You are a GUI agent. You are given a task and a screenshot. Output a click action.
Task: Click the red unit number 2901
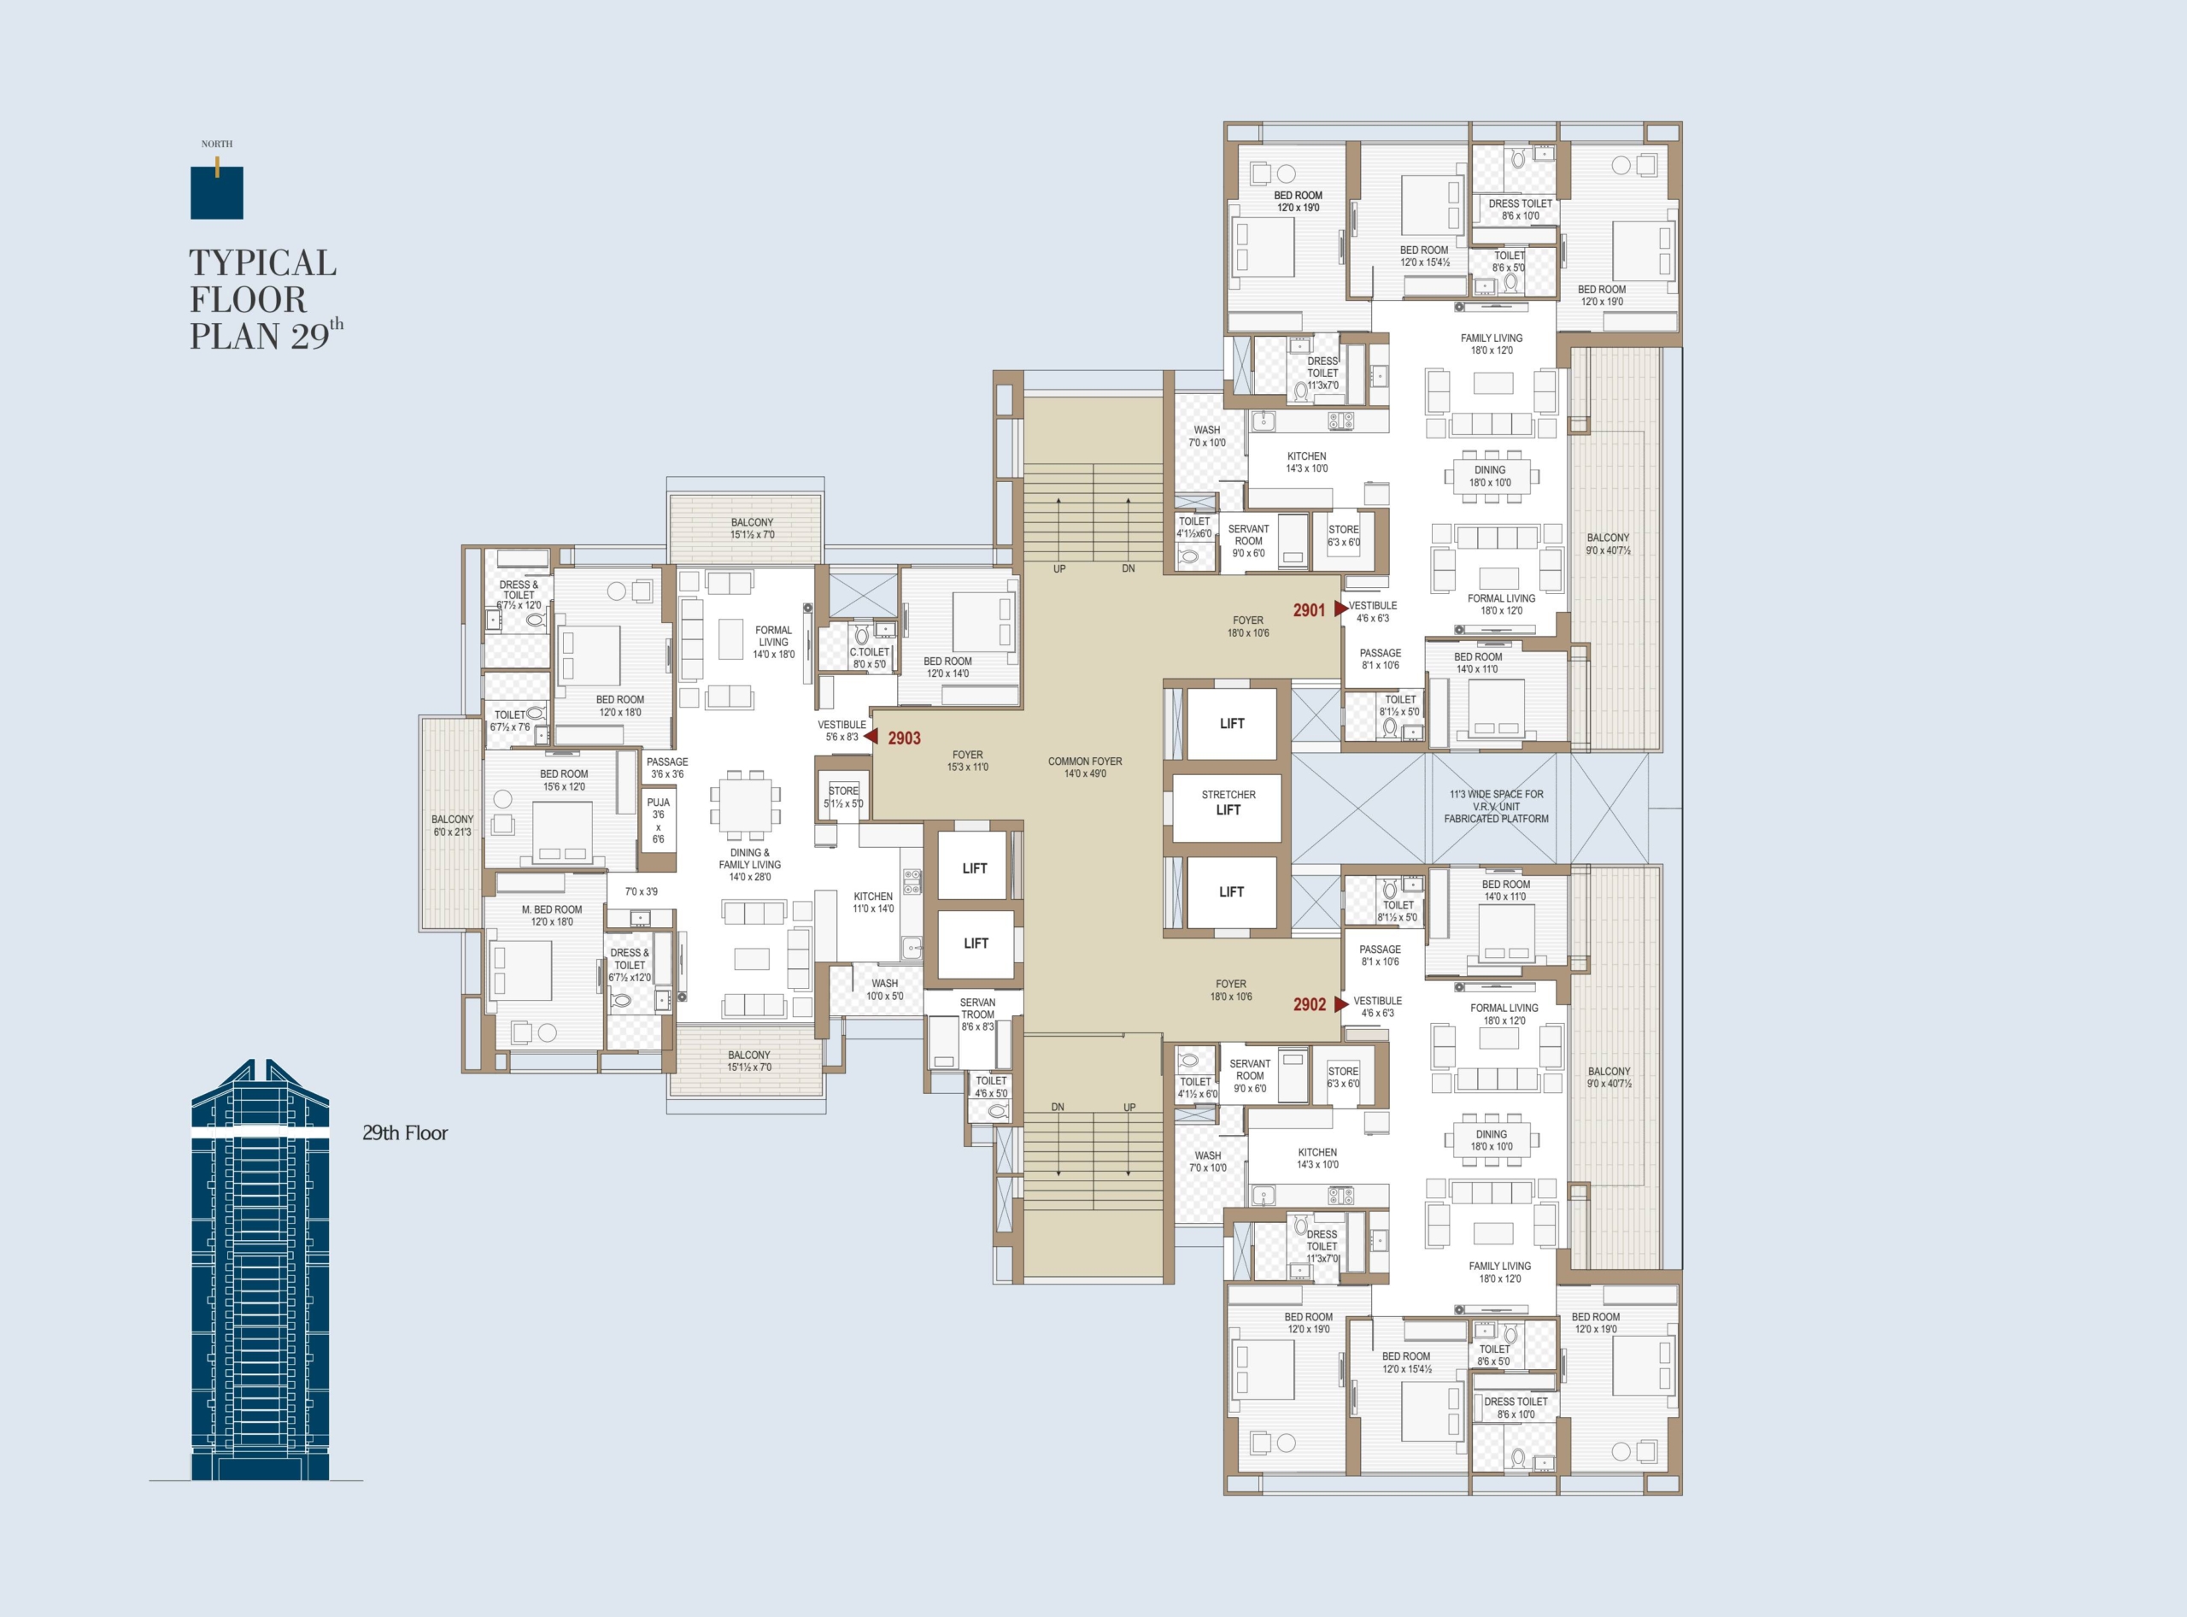tap(1308, 610)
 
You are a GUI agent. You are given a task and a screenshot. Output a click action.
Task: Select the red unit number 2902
tap(1310, 1004)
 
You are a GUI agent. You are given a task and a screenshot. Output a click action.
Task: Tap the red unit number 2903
tap(904, 738)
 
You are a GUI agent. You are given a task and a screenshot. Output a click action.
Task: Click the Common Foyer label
tap(1085, 767)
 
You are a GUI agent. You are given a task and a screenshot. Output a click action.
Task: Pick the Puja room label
tap(659, 820)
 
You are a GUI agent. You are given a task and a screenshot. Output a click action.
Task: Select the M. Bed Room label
tap(552, 915)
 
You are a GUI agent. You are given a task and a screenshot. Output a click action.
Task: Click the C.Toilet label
tap(870, 658)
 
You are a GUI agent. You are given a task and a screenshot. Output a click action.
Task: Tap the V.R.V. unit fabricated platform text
tap(1496, 807)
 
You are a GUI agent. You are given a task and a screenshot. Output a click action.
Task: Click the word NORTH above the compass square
tap(217, 144)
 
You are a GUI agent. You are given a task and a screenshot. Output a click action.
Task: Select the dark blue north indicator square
tap(217, 193)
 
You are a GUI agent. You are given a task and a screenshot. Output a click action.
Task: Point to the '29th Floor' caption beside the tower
tap(405, 1132)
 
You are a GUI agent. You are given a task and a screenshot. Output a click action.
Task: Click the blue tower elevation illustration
tap(261, 1271)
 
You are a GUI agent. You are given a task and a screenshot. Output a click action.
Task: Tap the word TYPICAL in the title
tap(263, 262)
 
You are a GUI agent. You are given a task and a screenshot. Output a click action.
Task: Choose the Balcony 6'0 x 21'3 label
tap(452, 825)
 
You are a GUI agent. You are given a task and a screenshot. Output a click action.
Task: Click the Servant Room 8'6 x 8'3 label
tap(976, 1014)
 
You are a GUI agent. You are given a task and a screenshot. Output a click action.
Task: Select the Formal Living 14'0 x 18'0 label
tap(773, 642)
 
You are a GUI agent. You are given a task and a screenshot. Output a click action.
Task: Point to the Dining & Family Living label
tap(749, 864)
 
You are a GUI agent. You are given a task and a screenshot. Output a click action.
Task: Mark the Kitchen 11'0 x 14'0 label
tap(873, 903)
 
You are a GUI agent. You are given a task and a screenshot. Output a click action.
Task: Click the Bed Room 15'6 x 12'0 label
tap(564, 780)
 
